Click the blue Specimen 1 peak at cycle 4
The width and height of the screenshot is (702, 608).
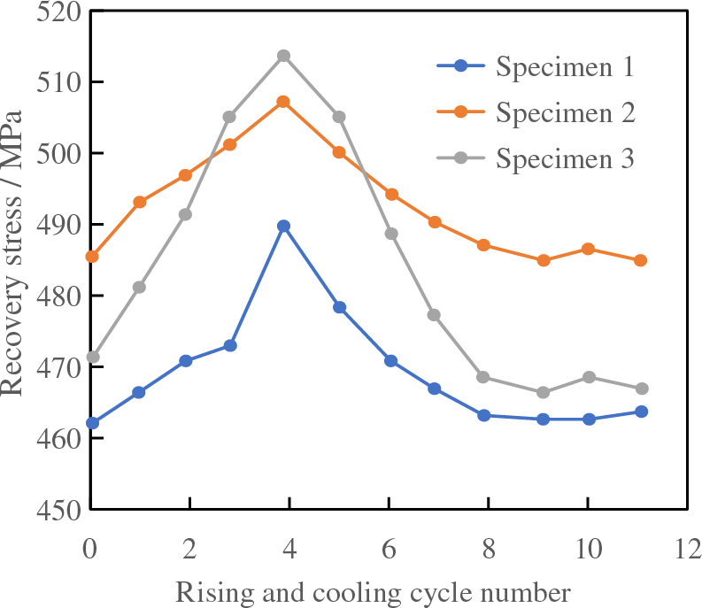(283, 226)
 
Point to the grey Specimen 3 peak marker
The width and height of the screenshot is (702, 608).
(283, 56)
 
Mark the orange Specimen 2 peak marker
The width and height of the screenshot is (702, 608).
(283, 102)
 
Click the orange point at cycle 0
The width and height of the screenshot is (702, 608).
(91, 257)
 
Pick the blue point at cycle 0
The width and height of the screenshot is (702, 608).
(91, 423)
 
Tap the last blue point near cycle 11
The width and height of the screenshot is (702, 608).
(641, 412)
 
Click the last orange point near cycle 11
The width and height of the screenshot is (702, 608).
(641, 260)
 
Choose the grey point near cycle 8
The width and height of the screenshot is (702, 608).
(483, 377)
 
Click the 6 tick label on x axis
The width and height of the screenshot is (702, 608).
(389, 549)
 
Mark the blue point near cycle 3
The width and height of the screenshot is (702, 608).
(230, 345)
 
